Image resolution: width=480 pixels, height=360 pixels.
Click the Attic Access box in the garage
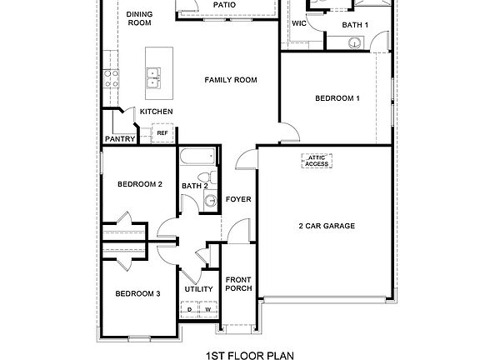click(x=317, y=161)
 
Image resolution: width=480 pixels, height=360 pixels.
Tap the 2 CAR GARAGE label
click(x=327, y=226)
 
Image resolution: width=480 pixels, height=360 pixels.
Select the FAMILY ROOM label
click(x=231, y=80)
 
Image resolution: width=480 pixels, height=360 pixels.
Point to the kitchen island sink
click(x=154, y=81)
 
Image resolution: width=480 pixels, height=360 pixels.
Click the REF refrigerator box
click(x=162, y=132)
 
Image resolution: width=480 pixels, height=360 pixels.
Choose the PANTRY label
click(x=120, y=139)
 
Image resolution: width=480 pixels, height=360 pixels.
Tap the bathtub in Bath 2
click(x=200, y=157)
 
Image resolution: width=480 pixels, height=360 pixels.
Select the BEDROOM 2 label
click(x=139, y=184)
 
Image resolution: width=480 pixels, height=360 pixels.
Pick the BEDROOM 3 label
click(x=138, y=293)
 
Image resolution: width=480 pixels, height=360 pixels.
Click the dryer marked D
click(x=190, y=310)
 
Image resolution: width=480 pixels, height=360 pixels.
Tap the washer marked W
click(x=207, y=310)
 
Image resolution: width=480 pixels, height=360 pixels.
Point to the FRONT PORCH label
click(x=238, y=284)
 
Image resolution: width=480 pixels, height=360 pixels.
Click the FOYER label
click(x=238, y=200)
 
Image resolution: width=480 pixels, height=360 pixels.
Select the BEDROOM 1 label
click(x=337, y=98)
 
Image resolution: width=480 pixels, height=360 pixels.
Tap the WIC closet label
click(x=299, y=23)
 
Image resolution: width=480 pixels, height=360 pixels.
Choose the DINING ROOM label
click(x=140, y=19)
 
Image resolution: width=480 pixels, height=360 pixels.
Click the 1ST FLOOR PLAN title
click(x=239, y=355)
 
